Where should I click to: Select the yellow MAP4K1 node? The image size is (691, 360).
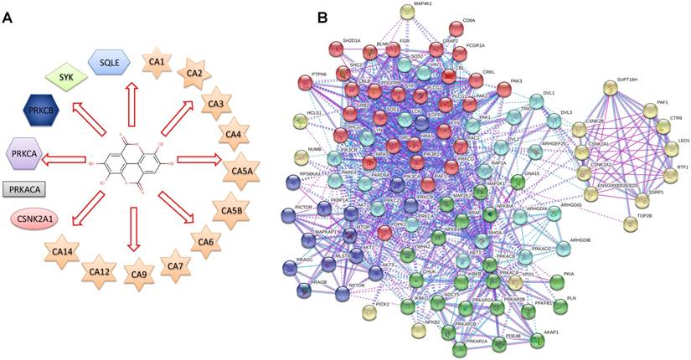pos(431,13)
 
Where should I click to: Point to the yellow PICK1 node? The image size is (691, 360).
pos(369,312)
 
